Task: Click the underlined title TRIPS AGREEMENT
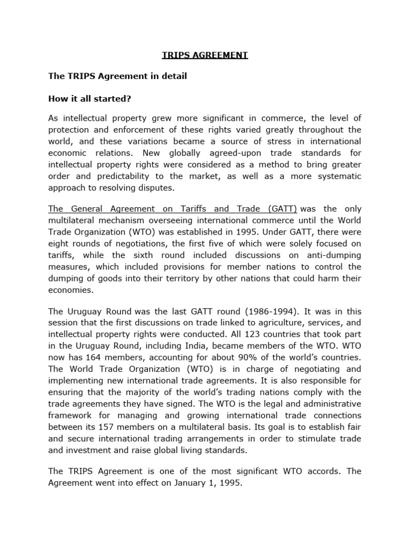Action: pos(205,55)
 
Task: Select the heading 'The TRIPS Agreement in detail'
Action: pos(117,76)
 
